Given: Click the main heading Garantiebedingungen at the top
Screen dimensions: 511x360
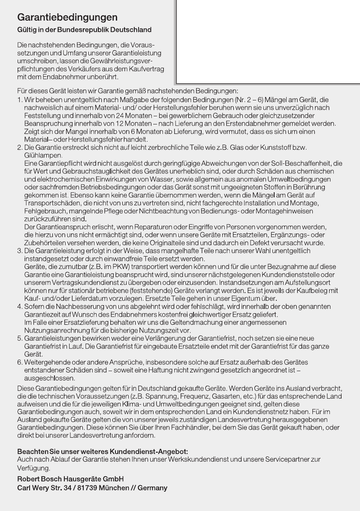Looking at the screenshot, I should coord(67,18).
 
